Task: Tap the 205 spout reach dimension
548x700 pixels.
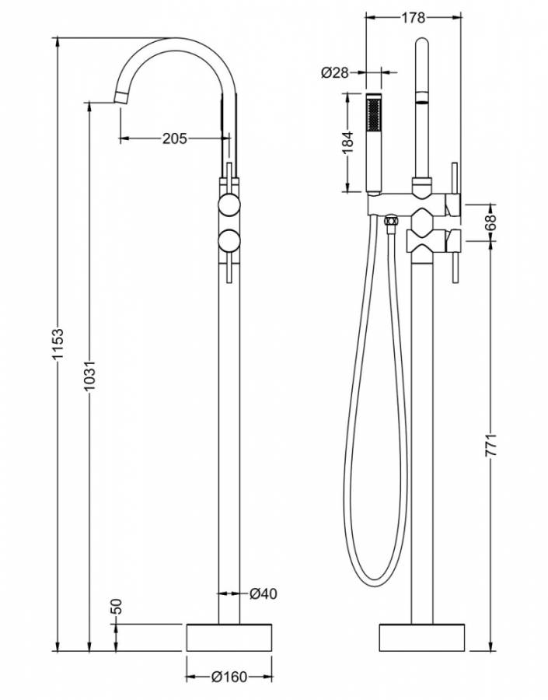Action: (x=175, y=138)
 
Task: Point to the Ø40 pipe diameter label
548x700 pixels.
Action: (x=263, y=593)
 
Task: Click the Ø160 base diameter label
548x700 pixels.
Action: (x=229, y=677)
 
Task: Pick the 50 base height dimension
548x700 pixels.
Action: (x=117, y=607)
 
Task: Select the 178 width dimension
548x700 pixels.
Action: (x=414, y=15)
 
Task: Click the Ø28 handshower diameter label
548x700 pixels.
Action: (x=334, y=72)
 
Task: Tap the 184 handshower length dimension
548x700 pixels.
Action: (x=347, y=142)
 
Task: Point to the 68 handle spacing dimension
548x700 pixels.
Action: (x=491, y=223)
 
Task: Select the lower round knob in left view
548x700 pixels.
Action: (x=229, y=241)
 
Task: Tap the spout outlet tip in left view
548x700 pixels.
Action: (x=124, y=97)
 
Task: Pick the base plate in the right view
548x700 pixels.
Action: (x=421, y=638)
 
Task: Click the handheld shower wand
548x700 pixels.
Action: (x=374, y=144)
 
